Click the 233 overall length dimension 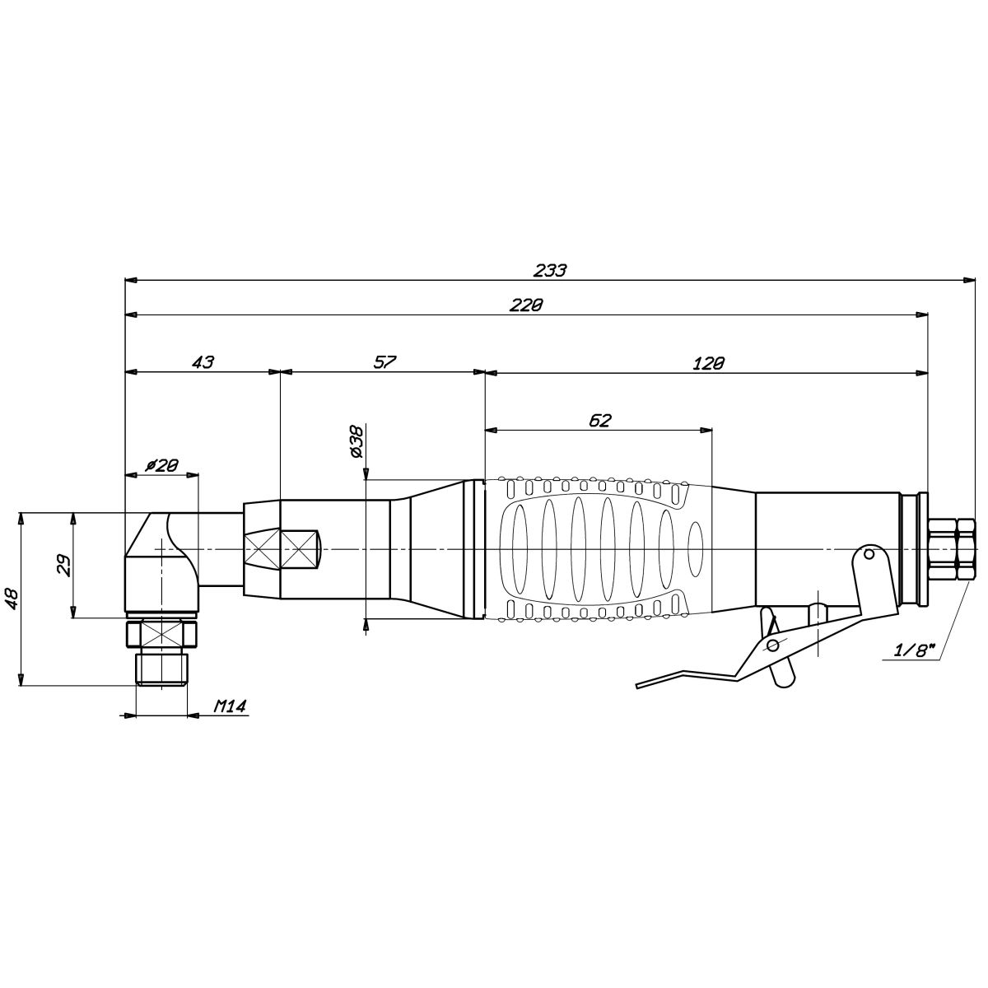pyautogui.click(x=550, y=270)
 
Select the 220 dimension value pyautogui.click(x=526, y=305)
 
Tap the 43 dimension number pyautogui.click(x=203, y=362)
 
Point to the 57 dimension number pyautogui.click(x=385, y=362)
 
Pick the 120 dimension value pyautogui.click(x=709, y=363)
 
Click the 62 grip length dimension pyautogui.click(x=600, y=421)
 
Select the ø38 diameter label pyautogui.click(x=357, y=441)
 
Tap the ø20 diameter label pyautogui.click(x=161, y=465)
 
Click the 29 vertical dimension pyautogui.click(x=63, y=566)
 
